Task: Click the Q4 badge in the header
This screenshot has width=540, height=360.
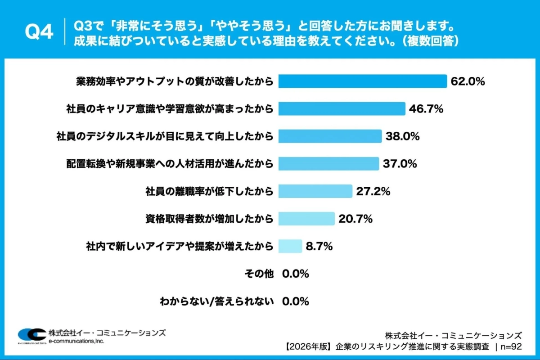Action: coord(39,32)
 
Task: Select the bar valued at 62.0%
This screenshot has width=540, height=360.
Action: coord(362,81)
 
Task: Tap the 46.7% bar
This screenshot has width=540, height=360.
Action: coord(342,109)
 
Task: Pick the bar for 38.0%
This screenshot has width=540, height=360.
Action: coord(330,136)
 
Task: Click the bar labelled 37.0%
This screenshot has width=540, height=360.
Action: coord(328,164)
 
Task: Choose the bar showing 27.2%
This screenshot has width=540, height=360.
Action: coord(315,191)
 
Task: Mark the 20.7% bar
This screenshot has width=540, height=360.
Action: coord(306,219)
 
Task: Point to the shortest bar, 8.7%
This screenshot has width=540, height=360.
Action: coord(290,246)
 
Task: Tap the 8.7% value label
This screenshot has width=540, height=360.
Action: coord(319,246)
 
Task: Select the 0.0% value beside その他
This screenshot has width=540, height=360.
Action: coord(296,274)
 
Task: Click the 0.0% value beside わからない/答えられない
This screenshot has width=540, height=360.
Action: coord(296,301)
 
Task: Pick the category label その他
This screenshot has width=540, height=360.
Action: coord(259,274)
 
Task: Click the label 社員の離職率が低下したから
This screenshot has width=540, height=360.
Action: coord(209,191)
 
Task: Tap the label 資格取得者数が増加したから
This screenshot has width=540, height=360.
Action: coord(209,219)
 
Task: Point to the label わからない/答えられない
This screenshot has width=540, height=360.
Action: coord(216,301)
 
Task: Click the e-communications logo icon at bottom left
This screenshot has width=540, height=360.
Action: coord(31,335)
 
